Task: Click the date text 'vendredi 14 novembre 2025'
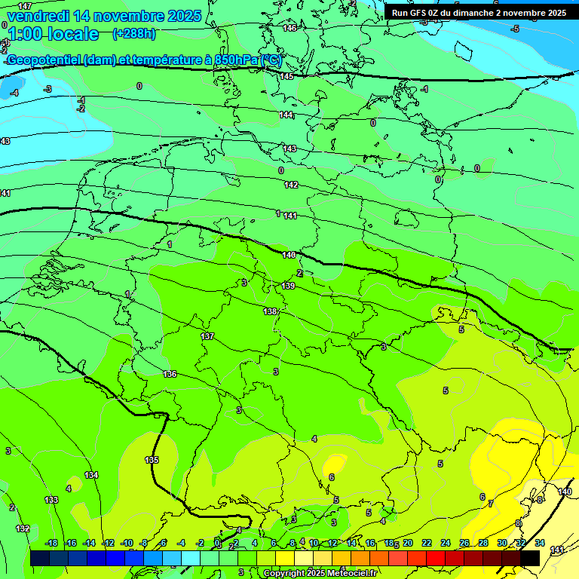[104, 16]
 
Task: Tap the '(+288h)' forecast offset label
[134, 33]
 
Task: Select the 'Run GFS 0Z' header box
[479, 13]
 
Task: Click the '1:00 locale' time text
[53, 34]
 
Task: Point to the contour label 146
[289, 28]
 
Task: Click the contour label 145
[286, 76]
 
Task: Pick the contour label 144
[286, 115]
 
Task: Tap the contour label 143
[289, 149]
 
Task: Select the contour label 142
[291, 185]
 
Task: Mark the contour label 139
[288, 286]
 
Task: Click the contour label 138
[270, 311]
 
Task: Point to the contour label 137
[208, 336]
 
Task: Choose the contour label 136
[170, 374]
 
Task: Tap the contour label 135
[152, 460]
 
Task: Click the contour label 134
[91, 475]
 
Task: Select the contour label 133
[51, 500]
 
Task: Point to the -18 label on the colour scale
[51, 543]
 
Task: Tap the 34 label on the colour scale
[540, 543]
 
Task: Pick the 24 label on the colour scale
[445, 543]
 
